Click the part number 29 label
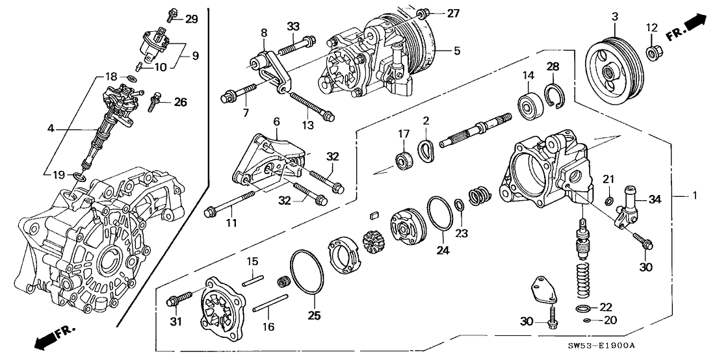[191, 19]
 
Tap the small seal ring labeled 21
[610, 199]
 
